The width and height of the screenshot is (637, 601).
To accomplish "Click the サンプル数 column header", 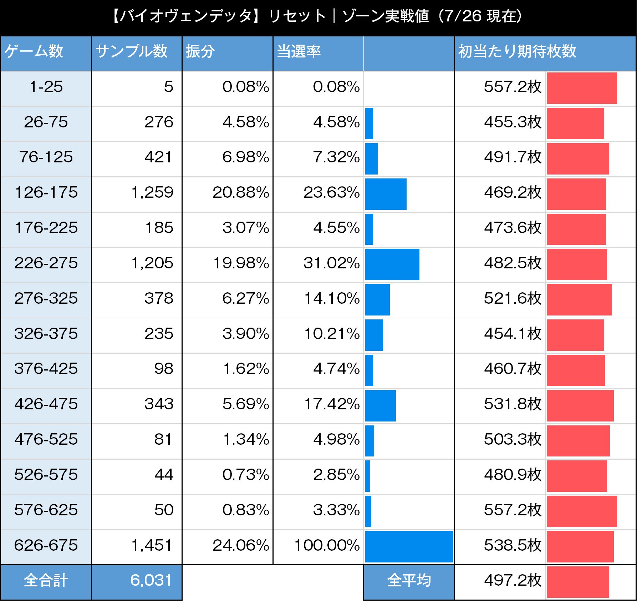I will pos(131,51).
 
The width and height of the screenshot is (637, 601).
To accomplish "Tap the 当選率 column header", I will pos(299,51).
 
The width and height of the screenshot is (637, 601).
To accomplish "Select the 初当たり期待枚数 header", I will pos(517,51).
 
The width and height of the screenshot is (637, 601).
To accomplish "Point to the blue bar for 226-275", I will pos(392,264).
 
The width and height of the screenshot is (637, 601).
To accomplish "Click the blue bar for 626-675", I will pos(409,546).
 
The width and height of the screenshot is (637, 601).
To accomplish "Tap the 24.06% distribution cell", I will pos(241,545).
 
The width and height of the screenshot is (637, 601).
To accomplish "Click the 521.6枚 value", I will pos(513,298).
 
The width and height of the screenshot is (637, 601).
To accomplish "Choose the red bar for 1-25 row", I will pos(581,88).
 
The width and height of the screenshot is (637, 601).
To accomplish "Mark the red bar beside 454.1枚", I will pos(575,335).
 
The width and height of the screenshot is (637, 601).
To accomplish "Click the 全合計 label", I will pos(46,581).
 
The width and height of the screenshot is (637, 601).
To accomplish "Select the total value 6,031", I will pos(151,581).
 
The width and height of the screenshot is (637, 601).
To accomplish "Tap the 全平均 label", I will pos(409,581).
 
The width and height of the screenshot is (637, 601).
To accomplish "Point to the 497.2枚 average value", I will pos(513,581).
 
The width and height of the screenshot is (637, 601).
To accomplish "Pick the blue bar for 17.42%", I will pos(380,405).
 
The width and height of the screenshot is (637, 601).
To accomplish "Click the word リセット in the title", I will pos(297,16).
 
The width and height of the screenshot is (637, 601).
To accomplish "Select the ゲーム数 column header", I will pos(34,51).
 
